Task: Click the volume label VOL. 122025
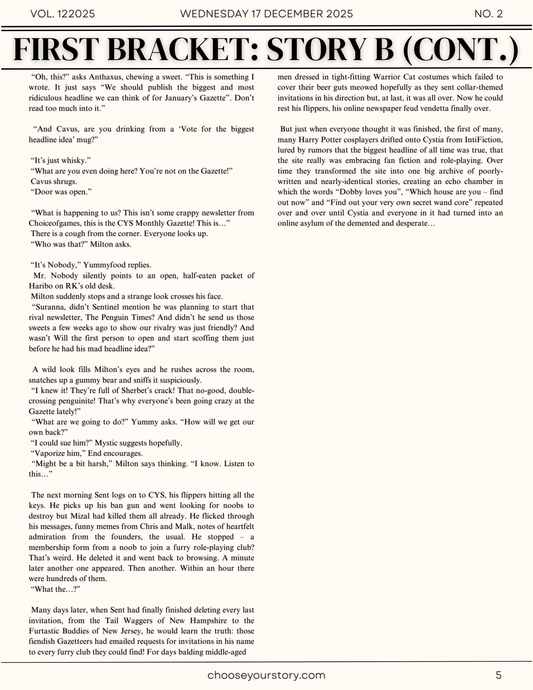pyautogui.click(x=62, y=14)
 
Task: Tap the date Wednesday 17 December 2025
pyautogui.click(x=266, y=14)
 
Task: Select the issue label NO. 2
pyautogui.click(x=488, y=14)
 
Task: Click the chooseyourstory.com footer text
pyautogui.click(x=266, y=675)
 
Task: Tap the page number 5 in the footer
pyautogui.click(x=499, y=675)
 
